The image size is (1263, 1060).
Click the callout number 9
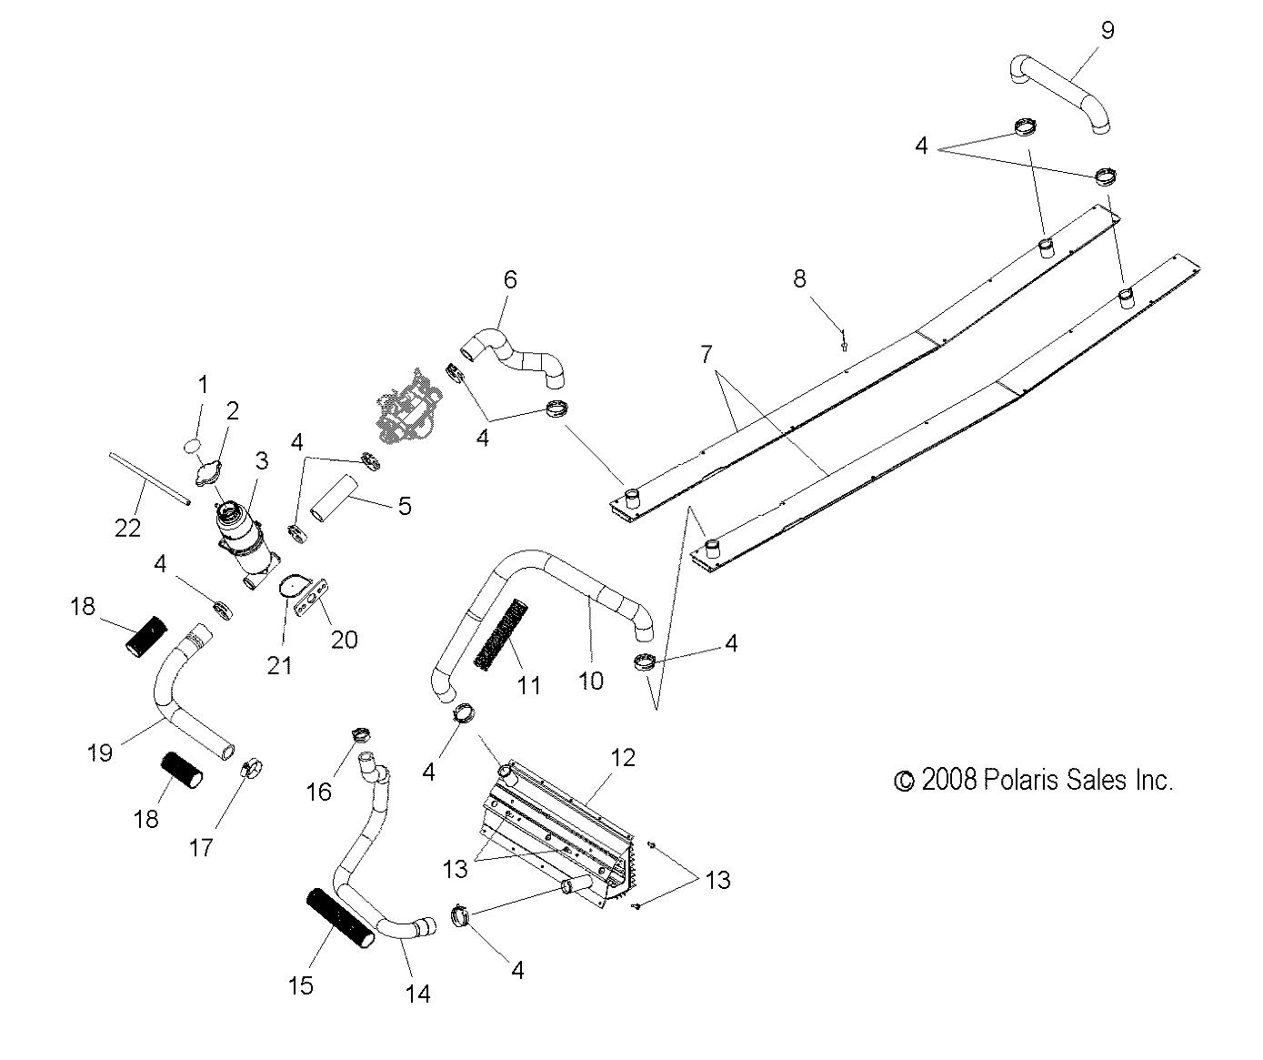1107,30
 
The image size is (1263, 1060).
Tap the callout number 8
799,278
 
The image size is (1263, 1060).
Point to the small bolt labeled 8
845,341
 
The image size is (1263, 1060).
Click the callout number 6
509,279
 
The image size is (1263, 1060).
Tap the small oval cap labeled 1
192,445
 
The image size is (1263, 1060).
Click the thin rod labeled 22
149,475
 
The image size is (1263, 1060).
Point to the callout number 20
345,640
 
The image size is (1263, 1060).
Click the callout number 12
623,757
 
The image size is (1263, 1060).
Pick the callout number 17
201,847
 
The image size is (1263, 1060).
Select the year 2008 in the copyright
948,780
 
